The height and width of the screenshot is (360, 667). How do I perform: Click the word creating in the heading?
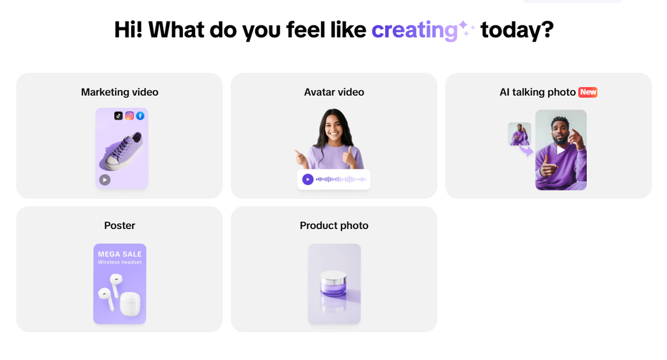[414, 30]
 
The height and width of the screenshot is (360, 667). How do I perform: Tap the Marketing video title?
[119, 92]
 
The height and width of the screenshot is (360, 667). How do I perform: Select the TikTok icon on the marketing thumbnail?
[118, 116]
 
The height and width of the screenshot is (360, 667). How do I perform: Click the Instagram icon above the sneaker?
[129, 116]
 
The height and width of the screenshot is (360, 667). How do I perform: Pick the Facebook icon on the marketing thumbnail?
[140, 116]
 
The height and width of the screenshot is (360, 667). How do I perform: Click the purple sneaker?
[121, 151]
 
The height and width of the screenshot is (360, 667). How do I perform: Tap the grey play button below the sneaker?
[105, 180]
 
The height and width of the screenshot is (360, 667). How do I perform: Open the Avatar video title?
[334, 92]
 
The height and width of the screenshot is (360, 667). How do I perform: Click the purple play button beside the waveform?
[307, 179]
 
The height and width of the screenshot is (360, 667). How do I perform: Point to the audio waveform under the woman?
[341, 179]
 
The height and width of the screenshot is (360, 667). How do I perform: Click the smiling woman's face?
[333, 126]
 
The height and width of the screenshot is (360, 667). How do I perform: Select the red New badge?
[588, 92]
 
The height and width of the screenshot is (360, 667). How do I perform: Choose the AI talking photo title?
[538, 92]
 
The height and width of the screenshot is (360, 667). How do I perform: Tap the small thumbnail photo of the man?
[520, 134]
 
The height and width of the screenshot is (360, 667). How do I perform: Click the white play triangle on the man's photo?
[561, 150]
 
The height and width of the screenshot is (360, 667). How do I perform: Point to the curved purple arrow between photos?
[526, 150]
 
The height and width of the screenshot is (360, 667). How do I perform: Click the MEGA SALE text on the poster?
[119, 254]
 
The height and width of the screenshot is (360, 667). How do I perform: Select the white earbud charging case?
[130, 304]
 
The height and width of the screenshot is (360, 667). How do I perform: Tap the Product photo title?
[334, 225]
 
